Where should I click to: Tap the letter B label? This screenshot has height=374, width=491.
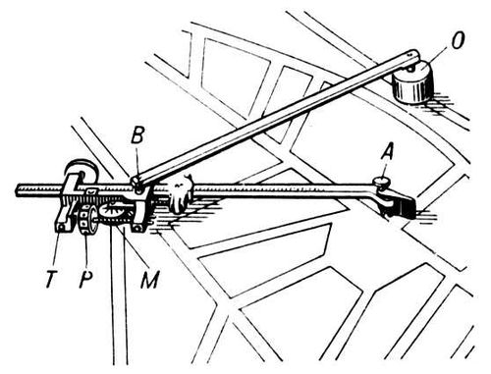pos(137,135)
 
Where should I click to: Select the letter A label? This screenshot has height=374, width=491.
pos(387,152)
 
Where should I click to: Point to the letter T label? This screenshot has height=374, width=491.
pos(50,279)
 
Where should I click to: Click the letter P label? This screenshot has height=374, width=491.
pos(86,279)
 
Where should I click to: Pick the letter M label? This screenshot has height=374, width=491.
pos(149,279)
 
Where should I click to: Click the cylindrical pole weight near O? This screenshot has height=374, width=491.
pos(412,83)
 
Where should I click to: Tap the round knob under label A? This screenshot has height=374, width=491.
pos(381,181)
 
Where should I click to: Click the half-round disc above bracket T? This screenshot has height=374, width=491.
pos(81,170)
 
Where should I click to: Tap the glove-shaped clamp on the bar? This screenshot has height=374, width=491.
pos(179,194)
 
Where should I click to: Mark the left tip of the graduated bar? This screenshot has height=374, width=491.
pos(17,190)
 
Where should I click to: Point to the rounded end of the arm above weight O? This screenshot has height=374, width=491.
pos(413,54)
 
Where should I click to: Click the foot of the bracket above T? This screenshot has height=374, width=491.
pos(61,227)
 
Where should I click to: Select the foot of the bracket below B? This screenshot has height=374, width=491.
pos(139,227)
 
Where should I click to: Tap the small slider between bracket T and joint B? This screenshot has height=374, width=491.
pos(91,191)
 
